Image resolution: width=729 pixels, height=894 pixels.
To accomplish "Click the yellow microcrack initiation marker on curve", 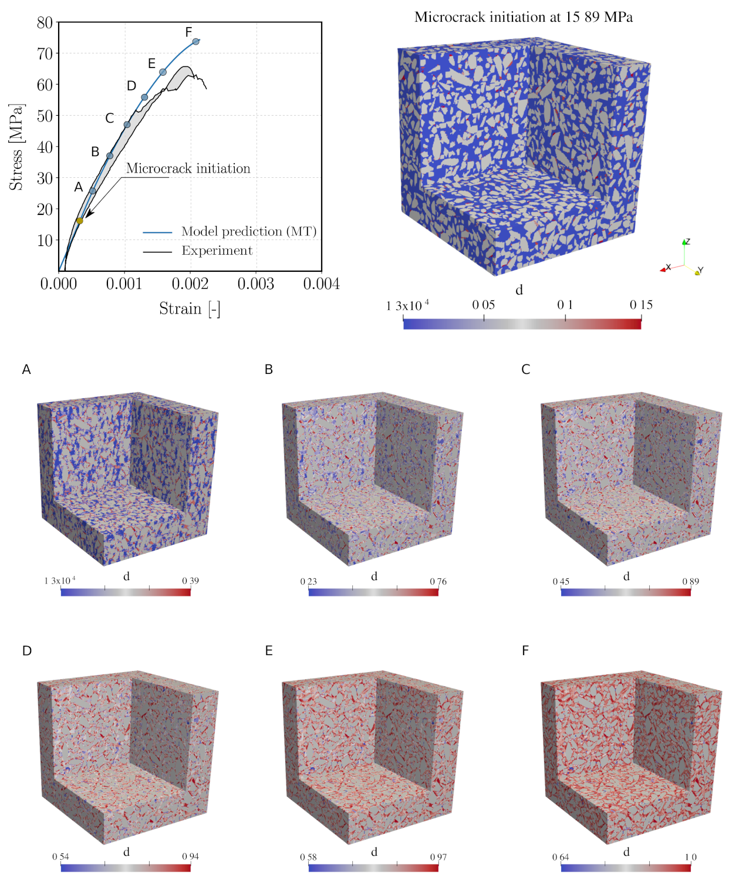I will click(x=80, y=221).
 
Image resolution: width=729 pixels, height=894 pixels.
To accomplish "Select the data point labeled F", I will click(x=196, y=42).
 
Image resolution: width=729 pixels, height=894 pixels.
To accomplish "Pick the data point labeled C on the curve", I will click(x=127, y=124).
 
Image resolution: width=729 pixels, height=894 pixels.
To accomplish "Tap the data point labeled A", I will click(x=92, y=191).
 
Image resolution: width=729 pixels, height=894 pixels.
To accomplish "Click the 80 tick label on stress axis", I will click(x=45, y=23).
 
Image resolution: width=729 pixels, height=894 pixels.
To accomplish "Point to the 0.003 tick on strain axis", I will click(x=256, y=284).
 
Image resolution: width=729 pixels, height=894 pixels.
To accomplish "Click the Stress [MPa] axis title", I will click(x=16, y=147).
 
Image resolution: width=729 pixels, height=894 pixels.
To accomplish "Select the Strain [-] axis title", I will click(x=190, y=309).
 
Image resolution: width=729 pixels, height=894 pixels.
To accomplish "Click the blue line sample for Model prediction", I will click(x=157, y=232).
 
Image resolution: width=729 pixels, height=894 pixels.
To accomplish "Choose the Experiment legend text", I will click(x=217, y=251).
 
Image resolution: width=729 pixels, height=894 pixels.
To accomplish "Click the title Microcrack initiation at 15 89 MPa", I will click(x=524, y=17).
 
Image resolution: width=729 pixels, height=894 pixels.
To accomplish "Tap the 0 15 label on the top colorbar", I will click(x=641, y=305).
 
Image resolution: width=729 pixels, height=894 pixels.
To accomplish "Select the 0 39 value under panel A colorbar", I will click(x=190, y=581).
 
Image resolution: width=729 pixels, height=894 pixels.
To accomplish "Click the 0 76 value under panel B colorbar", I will click(x=438, y=581).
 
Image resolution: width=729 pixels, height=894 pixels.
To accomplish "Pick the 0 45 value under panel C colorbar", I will click(x=561, y=581).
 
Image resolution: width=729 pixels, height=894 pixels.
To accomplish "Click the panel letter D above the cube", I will click(x=26, y=650).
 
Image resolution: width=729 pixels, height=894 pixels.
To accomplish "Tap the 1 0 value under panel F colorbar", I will click(x=691, y=857).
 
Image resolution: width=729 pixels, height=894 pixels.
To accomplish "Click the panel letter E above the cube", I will click(x=269, y=650).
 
